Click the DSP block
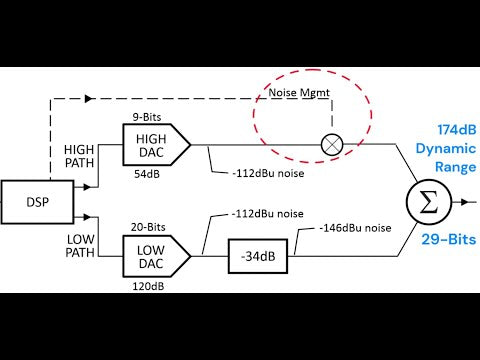[x=37, y=202]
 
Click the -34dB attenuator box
[x=258, y=256]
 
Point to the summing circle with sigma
[x=429, y=202]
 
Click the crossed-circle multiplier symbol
[x=332, y=145]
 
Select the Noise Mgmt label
[x=299, y=93]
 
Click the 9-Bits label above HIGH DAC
[x=147, y=117]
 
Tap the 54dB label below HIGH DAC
[x=147, y=174]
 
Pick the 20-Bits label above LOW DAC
[x=148, y=227]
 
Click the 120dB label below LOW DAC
[x=148, y=286]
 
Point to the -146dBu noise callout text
[x=355, y=228]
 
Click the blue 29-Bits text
[x=449, y=239]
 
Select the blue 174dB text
[x=457, y=129]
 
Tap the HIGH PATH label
[x=79, y=156]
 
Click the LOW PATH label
[x=80, y=246]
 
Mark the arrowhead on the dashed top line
[x=88, y=99]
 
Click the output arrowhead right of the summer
[x=465, y=202]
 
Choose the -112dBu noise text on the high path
[x=268, y=173]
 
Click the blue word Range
[x=456, y=167]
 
